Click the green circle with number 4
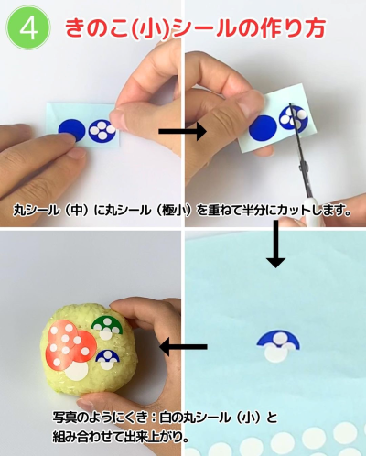coord(28,28)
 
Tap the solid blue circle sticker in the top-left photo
coord(71,130)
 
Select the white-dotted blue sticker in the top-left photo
coord(102,131)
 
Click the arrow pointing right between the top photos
coord(183,131)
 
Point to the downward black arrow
coord(275,244)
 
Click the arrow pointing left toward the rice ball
coord(183,347)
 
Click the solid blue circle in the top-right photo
coord(263,128)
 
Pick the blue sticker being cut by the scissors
coord(295,118)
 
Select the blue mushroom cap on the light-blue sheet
coord(278,338)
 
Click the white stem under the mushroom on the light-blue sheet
coord(276,353)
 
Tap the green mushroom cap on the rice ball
coord(107,324)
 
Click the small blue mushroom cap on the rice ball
coord(108,356)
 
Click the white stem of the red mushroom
coord(77,371)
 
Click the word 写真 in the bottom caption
coord(65,418)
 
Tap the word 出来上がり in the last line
coord(151,438)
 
